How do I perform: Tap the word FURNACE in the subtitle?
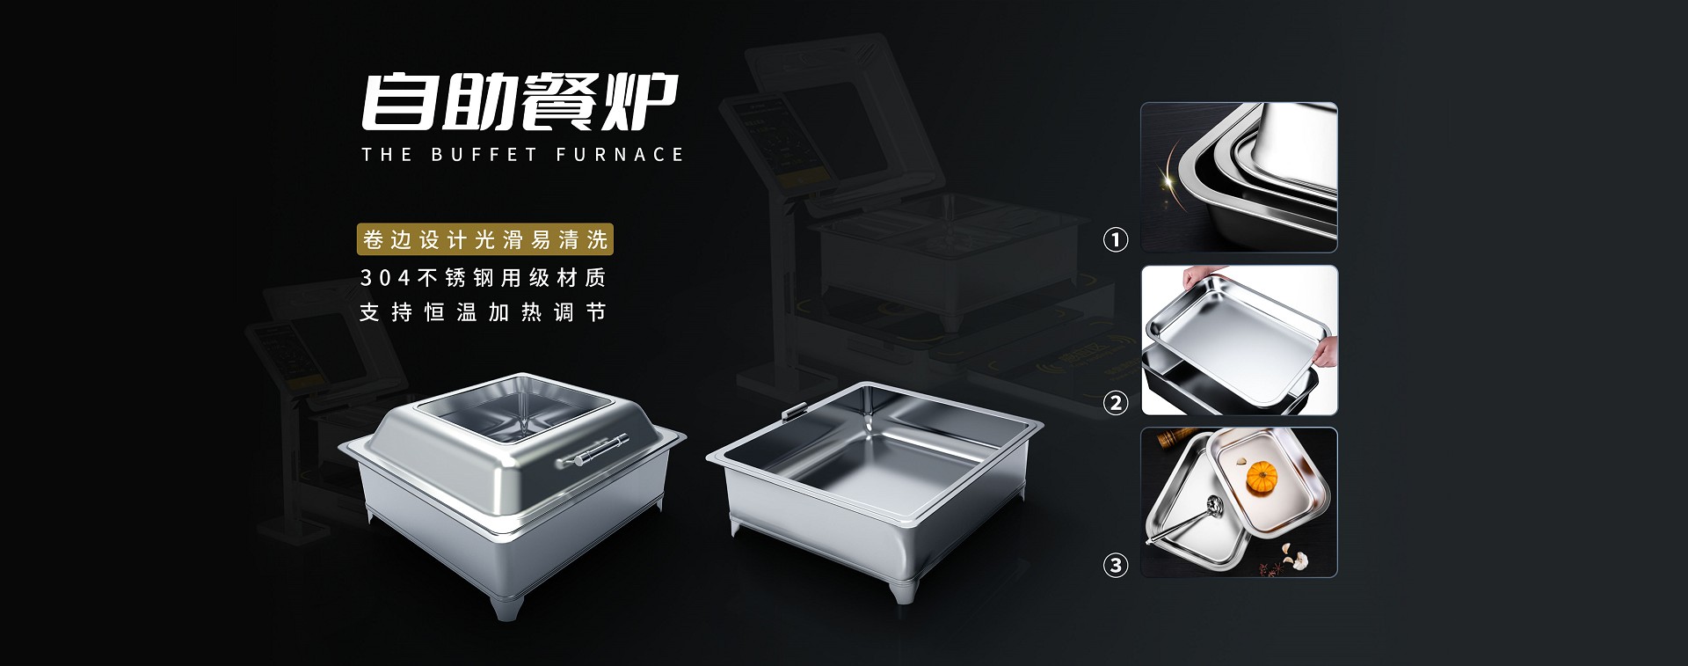pos(619,155)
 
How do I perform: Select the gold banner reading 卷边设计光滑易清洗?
pos(485,239)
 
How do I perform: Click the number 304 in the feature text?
pos(385,278)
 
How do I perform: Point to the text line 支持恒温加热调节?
pos(483,312)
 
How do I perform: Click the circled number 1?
pos(1116,239)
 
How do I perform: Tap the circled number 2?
pos(1116,403)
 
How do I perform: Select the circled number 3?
pos(1116,565)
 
